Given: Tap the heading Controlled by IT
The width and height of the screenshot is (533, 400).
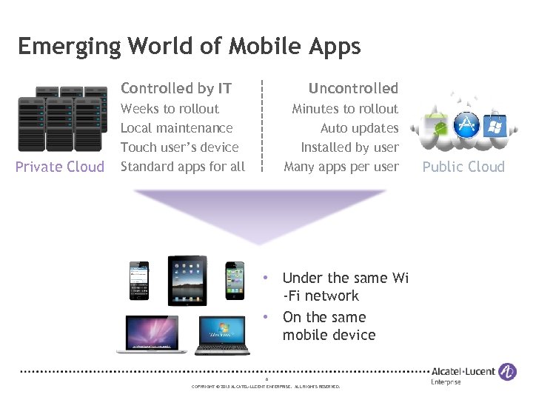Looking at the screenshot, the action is (176, 88).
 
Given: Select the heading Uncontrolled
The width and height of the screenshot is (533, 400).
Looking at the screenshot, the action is (353, 88).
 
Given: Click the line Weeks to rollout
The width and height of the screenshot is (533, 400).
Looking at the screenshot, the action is (170, 109).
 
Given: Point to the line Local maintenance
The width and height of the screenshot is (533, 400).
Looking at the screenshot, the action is (176, 128).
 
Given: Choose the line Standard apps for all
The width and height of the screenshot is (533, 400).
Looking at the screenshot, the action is (182, 167).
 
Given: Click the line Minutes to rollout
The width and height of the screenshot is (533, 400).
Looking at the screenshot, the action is (345, 109).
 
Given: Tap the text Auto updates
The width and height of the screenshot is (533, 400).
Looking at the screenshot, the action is (359, 128).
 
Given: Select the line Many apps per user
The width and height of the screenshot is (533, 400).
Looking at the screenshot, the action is (341, 167).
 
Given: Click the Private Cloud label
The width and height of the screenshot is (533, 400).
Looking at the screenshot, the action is (60, 167).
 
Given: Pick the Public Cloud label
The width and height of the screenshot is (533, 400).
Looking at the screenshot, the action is (463, 167).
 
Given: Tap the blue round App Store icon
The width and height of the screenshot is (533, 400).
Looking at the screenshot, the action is (466, 124).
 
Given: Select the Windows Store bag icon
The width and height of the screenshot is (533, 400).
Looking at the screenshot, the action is (492, 126).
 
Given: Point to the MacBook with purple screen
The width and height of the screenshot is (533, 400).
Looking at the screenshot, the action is (152, 333).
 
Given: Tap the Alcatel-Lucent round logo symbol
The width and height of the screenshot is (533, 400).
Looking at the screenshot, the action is (507, 372).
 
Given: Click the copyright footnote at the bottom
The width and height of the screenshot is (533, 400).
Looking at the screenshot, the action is (266, 387).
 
